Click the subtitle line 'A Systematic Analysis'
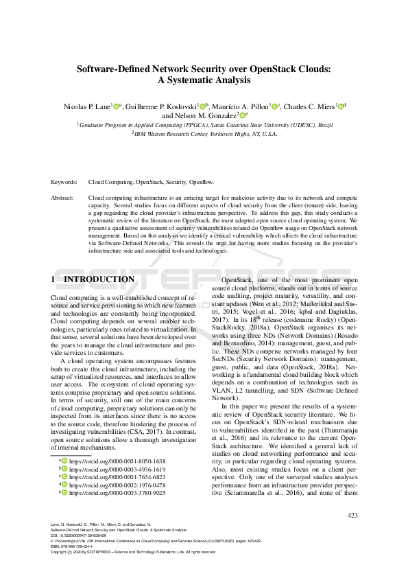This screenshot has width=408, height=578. (x=204, y=80)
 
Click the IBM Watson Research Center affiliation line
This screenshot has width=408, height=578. (x=204, y=134)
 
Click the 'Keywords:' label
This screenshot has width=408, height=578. (x=64, y=183)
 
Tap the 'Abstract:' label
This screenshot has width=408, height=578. (x=63, y=198)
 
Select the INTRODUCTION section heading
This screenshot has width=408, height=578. (x=99, y=279)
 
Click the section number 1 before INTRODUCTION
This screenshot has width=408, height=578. (x=54, y=279)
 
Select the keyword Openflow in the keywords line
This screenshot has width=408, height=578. (x=202, y=183)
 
